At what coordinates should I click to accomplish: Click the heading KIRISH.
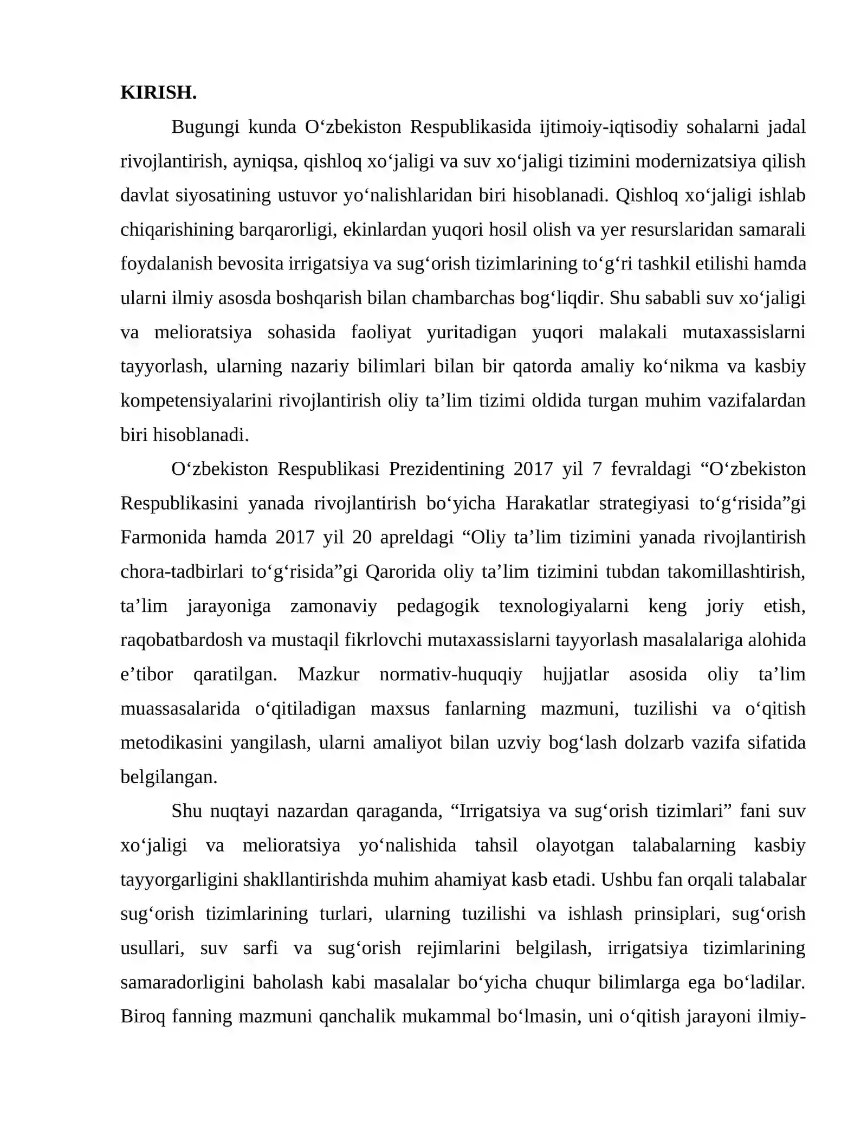click(158, 93)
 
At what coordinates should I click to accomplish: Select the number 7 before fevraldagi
click(597, 469)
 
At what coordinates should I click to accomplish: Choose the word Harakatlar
click(547, 503)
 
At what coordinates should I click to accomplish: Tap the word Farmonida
click(163, 537)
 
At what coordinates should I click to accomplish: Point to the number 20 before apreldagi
click(362, 537)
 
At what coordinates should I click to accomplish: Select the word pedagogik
click(438, 606)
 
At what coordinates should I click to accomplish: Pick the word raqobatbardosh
click(182, 640)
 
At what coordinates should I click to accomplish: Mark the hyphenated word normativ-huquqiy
click(451, 674)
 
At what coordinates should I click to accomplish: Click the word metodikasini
click(171, 743)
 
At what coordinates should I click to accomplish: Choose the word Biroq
click(143, 1016)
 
